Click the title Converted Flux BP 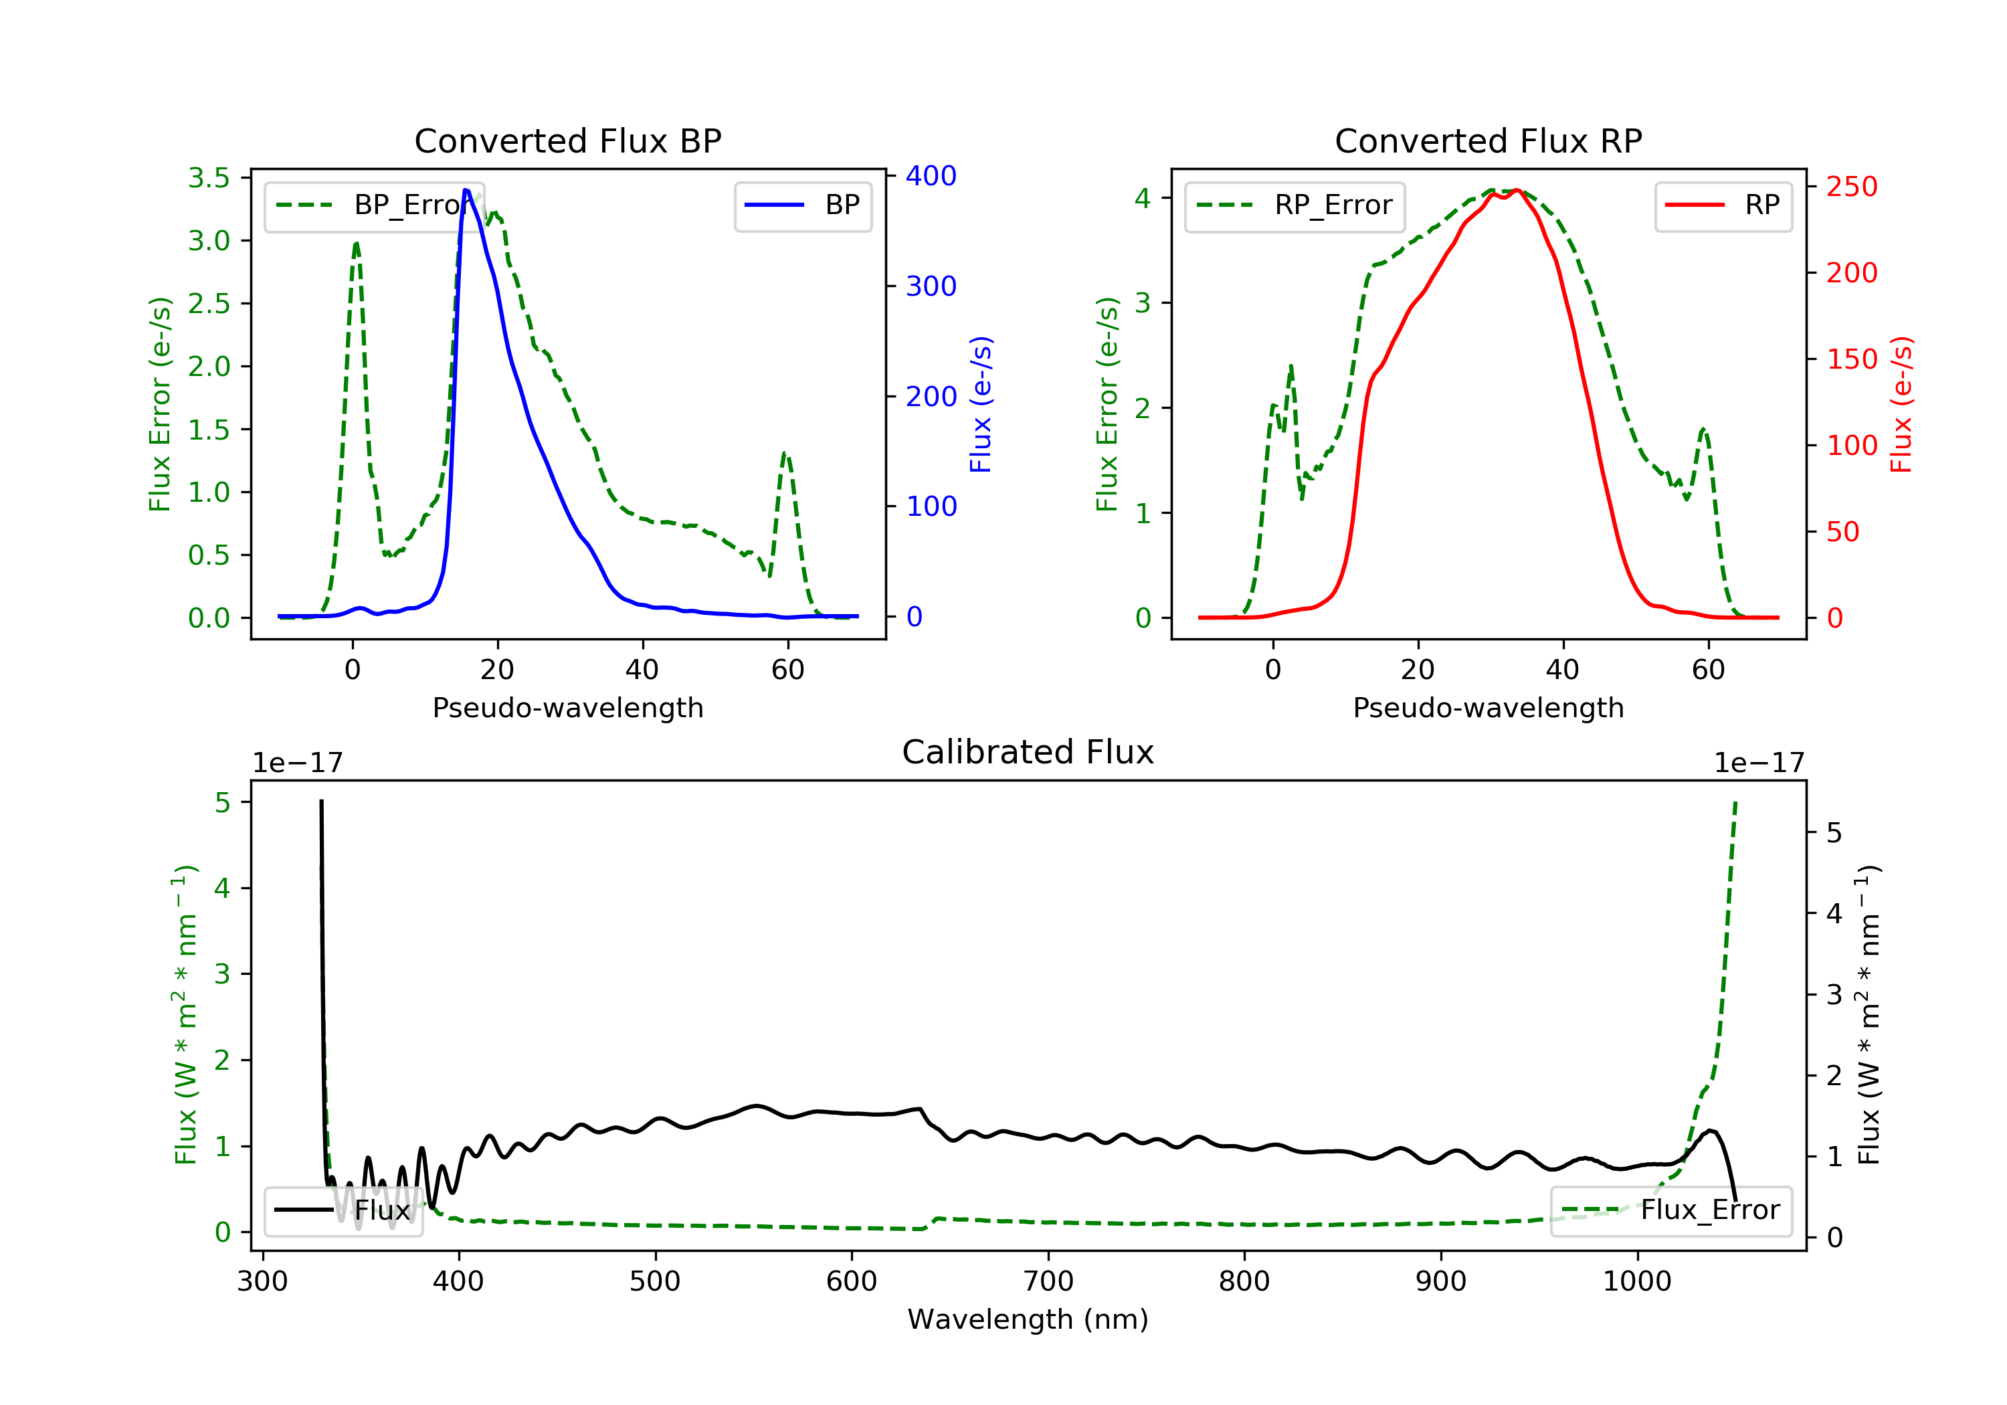568,140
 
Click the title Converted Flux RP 1489,140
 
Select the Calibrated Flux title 1028,752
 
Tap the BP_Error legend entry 374,205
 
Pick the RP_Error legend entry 1294,205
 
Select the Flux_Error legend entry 1670,1210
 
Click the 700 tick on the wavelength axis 1048,1282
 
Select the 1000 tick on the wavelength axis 1637,1282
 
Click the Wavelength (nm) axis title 1028,1319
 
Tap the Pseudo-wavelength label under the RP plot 1489,707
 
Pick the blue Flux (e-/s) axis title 981,405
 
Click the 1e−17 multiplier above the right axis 1759,763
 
